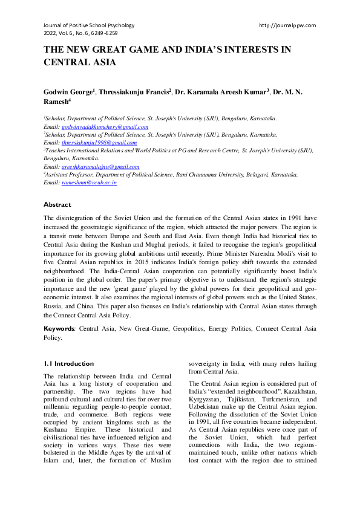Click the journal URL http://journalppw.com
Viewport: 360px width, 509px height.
pos(287,25)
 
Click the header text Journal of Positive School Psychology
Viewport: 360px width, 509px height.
pos(88,25)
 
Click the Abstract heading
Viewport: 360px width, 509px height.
pos(57,205)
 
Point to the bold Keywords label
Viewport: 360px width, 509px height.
pos(59,329)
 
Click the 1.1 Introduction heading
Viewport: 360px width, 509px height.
pos(69,364)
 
